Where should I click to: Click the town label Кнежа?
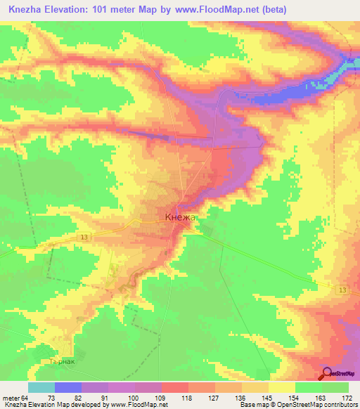pyautogui.click(x=181, y=218)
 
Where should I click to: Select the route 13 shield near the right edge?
pyautogui.click(x=342, y=290)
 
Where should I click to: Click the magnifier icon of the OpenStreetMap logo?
pyautogui.click(x=326, y=374)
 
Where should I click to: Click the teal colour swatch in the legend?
pyautogui.click(x=41, y=387)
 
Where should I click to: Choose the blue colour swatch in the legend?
pyautogui.click(x=68, y=387)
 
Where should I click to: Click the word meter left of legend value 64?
pyautogui.click(x=11, y=398)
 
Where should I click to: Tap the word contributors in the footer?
pyautogui.click(x=340, y=405)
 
